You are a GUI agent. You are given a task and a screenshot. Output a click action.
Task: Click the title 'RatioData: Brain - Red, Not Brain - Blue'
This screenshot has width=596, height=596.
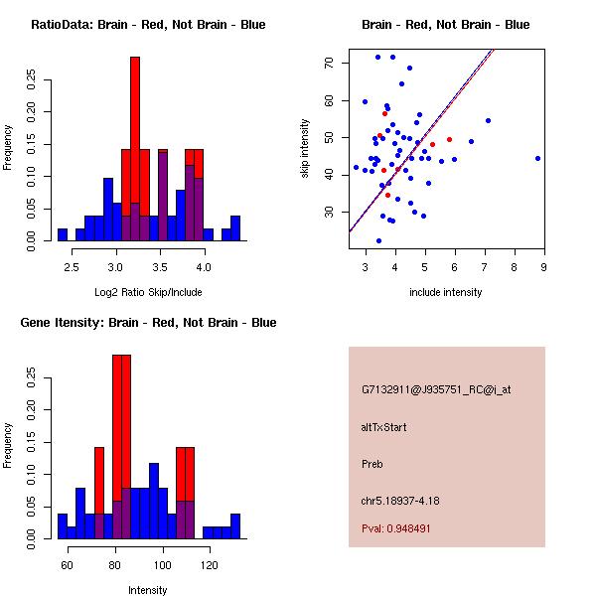[148, 25]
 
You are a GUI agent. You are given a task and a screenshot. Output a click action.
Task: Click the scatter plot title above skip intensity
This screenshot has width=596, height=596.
[446, 25]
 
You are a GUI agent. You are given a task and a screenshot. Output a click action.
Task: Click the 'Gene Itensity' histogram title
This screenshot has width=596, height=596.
[148, 323]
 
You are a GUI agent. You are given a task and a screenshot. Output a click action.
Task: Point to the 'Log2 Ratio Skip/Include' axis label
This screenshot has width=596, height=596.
[148, 292]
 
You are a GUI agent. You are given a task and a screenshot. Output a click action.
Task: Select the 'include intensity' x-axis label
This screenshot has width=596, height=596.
[446, 292]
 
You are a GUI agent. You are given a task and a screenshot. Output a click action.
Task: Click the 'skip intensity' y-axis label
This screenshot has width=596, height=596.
[306, 149]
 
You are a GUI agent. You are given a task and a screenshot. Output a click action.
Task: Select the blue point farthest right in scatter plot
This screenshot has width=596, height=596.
[537, 158]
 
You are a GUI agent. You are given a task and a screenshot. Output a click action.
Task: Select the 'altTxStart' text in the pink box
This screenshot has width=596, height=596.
[384, 427]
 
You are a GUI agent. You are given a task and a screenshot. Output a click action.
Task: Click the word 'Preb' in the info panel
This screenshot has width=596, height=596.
[372, 464]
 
